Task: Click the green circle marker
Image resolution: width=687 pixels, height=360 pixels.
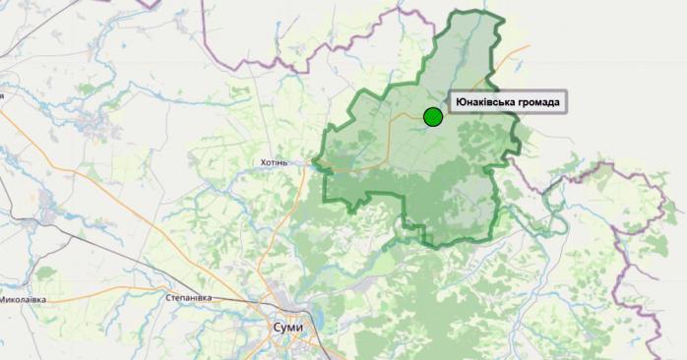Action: click(x=432, y=117)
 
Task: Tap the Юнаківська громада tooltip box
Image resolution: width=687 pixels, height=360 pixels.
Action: click(x=508, y=102)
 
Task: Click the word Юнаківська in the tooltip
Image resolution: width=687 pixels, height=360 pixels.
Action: click(x=487, y=102)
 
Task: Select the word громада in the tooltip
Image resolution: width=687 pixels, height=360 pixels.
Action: click(x=539, y=102)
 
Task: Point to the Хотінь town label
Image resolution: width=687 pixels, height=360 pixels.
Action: click(x=273, y=162)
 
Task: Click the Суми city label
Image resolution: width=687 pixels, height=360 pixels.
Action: click(x=287, y=327)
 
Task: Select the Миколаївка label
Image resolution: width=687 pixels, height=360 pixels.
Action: click(x=22, y=299)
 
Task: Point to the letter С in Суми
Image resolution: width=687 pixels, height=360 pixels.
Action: click(x=276, y=327)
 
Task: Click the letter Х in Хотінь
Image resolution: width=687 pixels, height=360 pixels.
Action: click(x=260, y=162)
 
